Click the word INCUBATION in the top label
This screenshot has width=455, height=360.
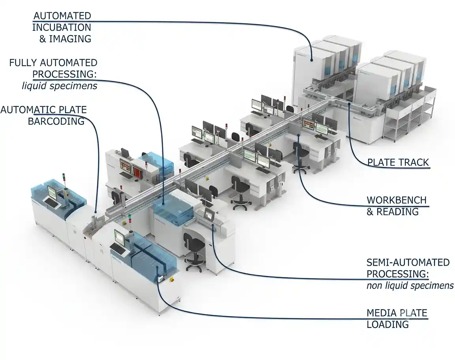coord(62,27)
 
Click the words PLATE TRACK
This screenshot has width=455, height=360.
coord(398,162)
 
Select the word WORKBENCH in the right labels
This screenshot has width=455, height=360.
coord(397,200)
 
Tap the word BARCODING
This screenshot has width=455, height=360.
coord(56,121)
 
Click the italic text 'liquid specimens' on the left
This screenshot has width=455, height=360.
coord(60,86)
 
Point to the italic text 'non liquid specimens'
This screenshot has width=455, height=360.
coord(410,286)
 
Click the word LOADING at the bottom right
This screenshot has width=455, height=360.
coord(388,324)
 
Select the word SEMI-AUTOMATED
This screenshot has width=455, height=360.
coord(408,262)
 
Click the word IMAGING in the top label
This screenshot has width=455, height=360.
coord(70,39)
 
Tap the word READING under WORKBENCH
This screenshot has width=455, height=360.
coord(398,212)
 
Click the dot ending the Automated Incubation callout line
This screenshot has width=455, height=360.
coord(311,60)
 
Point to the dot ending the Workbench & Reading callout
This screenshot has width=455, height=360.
coord(299,135)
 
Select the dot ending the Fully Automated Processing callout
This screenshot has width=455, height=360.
coord(163,203)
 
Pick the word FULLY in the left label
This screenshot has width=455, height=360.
coord(23,63)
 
